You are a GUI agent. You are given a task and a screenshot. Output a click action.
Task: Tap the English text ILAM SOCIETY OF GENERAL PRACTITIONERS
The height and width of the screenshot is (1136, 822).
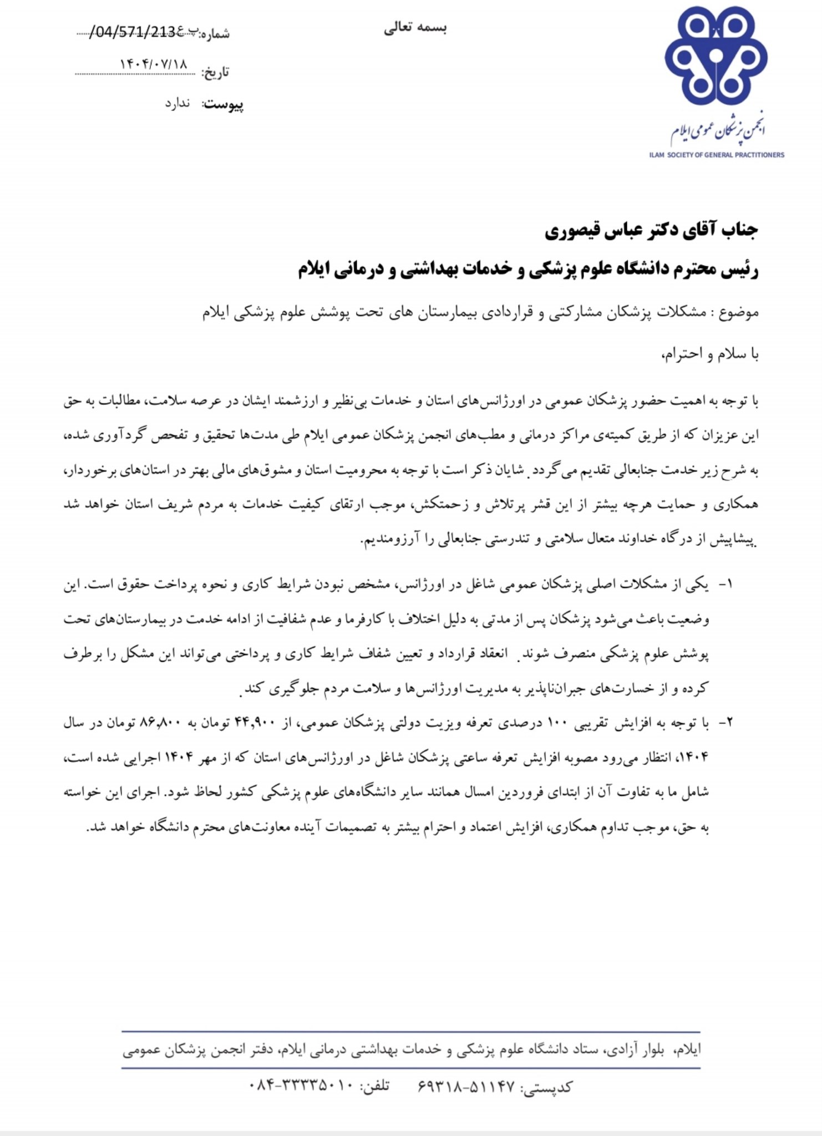(717, 155)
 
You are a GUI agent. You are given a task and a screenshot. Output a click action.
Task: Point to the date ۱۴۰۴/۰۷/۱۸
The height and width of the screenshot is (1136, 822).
(154, 64)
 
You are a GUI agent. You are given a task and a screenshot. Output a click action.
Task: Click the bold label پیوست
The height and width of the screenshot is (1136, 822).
(224, 105)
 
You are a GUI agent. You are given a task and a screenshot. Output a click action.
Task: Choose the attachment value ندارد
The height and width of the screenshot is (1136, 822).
(177, 104)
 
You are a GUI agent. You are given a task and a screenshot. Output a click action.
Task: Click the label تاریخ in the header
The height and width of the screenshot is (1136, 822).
(215, 73)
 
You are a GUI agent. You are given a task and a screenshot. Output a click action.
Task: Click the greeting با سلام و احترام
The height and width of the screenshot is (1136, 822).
(709, 354)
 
